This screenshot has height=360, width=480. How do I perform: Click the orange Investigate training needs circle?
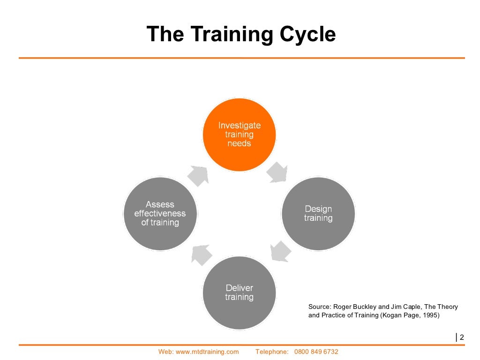click(x=239, y=134)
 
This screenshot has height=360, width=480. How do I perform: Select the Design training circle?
click(x=318, y=214)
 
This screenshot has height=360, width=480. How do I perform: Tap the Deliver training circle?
click(x=239, y=292)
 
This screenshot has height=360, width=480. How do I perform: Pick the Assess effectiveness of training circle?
click(x=160, y=214)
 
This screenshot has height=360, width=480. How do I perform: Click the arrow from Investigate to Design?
click(x=278, y=172)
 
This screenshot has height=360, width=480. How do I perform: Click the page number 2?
click(x=462, y=337)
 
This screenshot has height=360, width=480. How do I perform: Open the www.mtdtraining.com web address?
click(x=207, y=352)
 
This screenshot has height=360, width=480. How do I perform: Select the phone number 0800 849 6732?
click(x=316, y=352)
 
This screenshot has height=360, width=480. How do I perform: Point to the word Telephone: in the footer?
click(x=271, y=352)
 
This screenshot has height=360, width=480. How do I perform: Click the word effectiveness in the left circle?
click(x=160, y=214)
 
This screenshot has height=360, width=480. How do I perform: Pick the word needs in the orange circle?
click(x=239, y=143)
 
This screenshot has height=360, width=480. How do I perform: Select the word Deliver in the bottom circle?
click(x=239, y=288)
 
